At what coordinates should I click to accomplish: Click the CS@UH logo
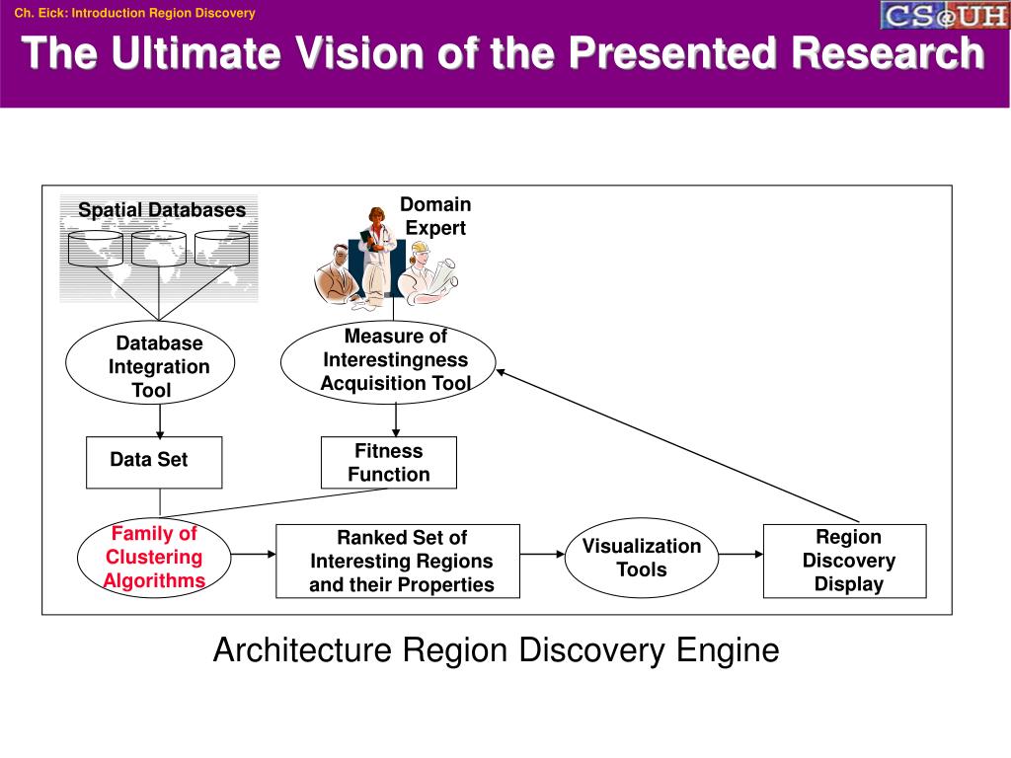(x=945, y=15)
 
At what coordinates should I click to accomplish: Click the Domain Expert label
(x=435, y=216)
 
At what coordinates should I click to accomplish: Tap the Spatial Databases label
(x=162, y=209)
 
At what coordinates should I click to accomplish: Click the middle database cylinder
(x=159, y=249)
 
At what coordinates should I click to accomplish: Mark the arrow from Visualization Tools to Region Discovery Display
(x=740, y=554)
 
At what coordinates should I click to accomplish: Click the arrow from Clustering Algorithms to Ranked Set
(x=254, y=554)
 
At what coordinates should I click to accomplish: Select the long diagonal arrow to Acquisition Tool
(x=677, y=445)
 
